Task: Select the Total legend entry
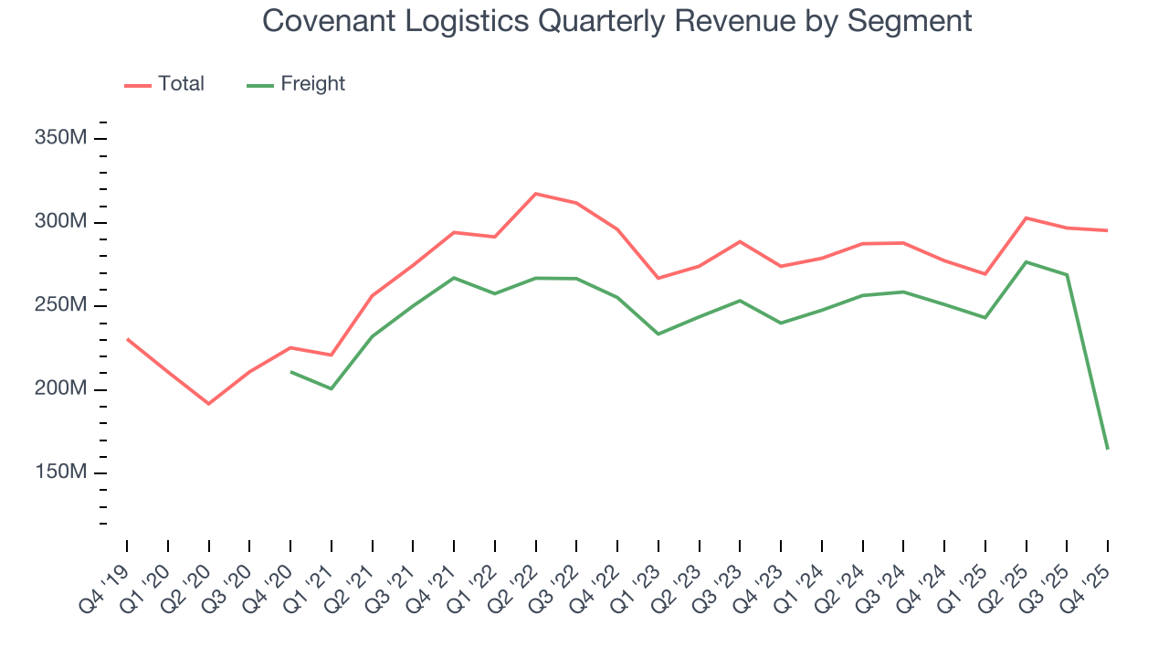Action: pyautogui.click(x=180, y=84)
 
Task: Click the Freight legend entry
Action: pyautogui.click(x=312, y=84)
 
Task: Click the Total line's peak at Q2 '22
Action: pyautogui.click(x=535, y=194)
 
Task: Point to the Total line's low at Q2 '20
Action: pyautogui.click(x=208, y=403)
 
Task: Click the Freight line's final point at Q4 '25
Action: pyautogui.click(x=1107, y=448)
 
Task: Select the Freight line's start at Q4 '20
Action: pyautogui.click(x=290, y=372)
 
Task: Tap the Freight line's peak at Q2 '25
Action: pyautogui.click(x=1026, y=262)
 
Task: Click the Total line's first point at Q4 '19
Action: pyautogui.click(x=127, y=339)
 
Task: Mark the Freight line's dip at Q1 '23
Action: pyautogui.click(x=658, y=334)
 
